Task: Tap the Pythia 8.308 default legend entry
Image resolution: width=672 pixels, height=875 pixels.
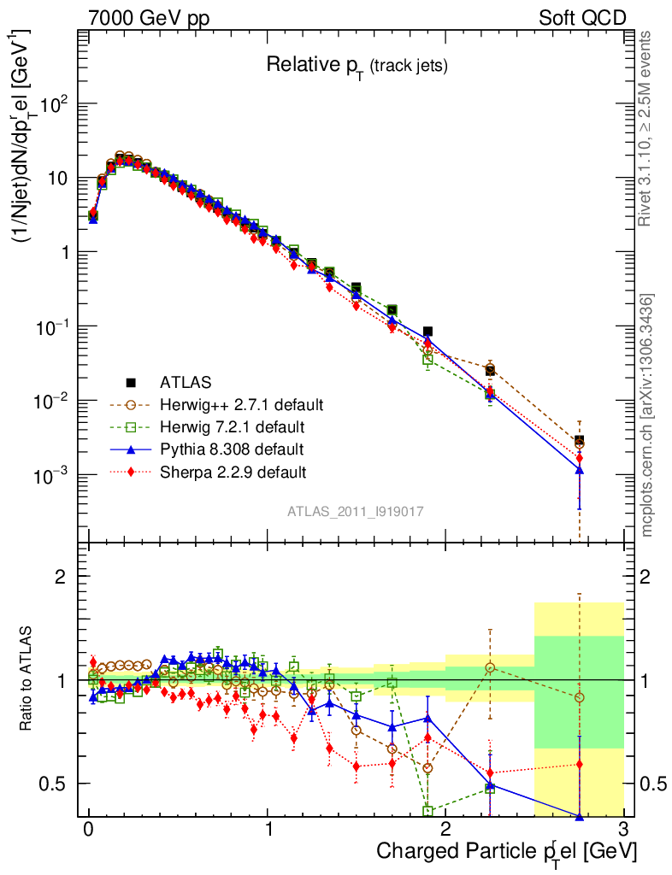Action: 233,449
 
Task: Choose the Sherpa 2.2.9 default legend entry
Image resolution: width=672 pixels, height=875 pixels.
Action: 233,472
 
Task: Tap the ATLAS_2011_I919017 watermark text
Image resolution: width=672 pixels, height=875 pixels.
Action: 356,511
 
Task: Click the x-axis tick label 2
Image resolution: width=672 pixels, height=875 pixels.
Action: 445,829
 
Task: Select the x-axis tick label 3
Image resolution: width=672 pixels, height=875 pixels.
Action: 623,829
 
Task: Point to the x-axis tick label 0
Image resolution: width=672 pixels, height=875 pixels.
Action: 88,829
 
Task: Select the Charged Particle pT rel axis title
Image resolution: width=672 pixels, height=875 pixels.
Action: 506,851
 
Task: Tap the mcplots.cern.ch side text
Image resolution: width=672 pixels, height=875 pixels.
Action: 648,414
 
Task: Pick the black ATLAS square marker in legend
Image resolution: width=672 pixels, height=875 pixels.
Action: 132,381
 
